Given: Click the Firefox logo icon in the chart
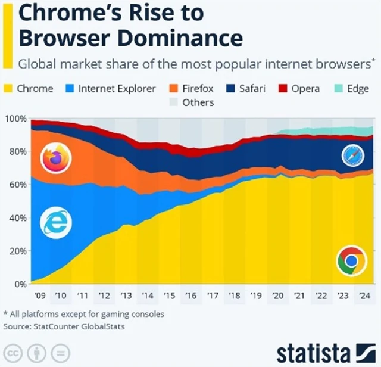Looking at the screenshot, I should click(55, 158).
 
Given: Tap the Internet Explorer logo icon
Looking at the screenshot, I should click(55, 223).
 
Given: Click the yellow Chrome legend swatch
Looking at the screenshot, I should click(8, 89).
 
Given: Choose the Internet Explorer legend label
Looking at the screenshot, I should click(117, 89).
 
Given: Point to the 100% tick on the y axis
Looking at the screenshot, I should click(15, 119).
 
